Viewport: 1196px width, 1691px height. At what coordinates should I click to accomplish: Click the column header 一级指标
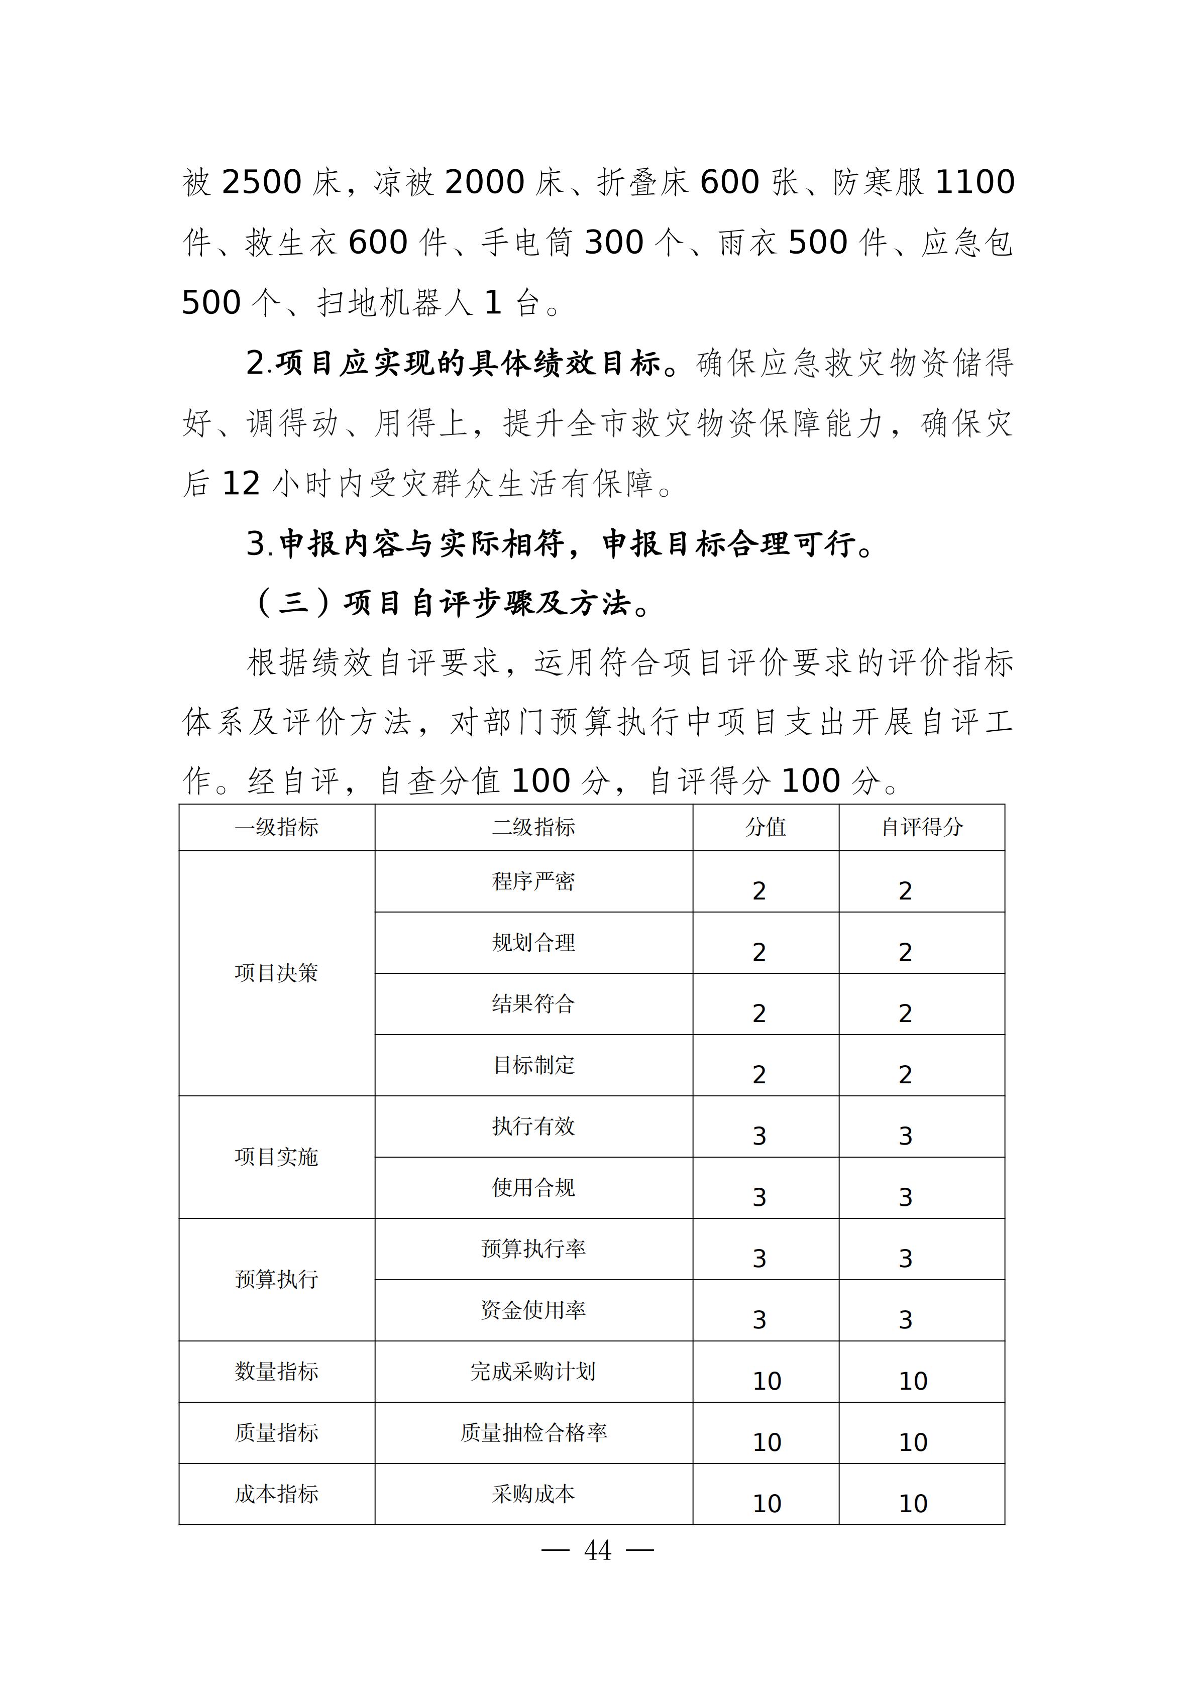[276, 827]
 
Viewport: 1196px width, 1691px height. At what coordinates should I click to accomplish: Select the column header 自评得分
[922, 827]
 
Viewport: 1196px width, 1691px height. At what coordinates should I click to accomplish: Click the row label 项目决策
[276, 973]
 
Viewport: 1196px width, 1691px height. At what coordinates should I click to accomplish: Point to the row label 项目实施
[276, 1157]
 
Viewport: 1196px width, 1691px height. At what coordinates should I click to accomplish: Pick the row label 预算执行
[276, 1279]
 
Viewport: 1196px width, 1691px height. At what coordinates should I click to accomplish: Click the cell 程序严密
[533, 881]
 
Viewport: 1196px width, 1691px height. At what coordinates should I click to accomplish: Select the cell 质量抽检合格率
[533, 1432]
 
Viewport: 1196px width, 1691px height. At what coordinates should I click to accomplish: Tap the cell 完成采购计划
[533, 1372]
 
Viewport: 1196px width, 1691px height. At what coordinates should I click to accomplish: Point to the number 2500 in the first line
[261, 182]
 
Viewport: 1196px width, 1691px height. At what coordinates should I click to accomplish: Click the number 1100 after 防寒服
[974, 182]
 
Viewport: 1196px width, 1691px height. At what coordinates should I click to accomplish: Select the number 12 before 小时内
[241, 484]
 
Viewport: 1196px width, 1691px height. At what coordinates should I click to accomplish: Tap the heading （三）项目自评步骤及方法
[451, 603]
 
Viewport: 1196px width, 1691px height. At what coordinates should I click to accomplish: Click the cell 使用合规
[533, 1187]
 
